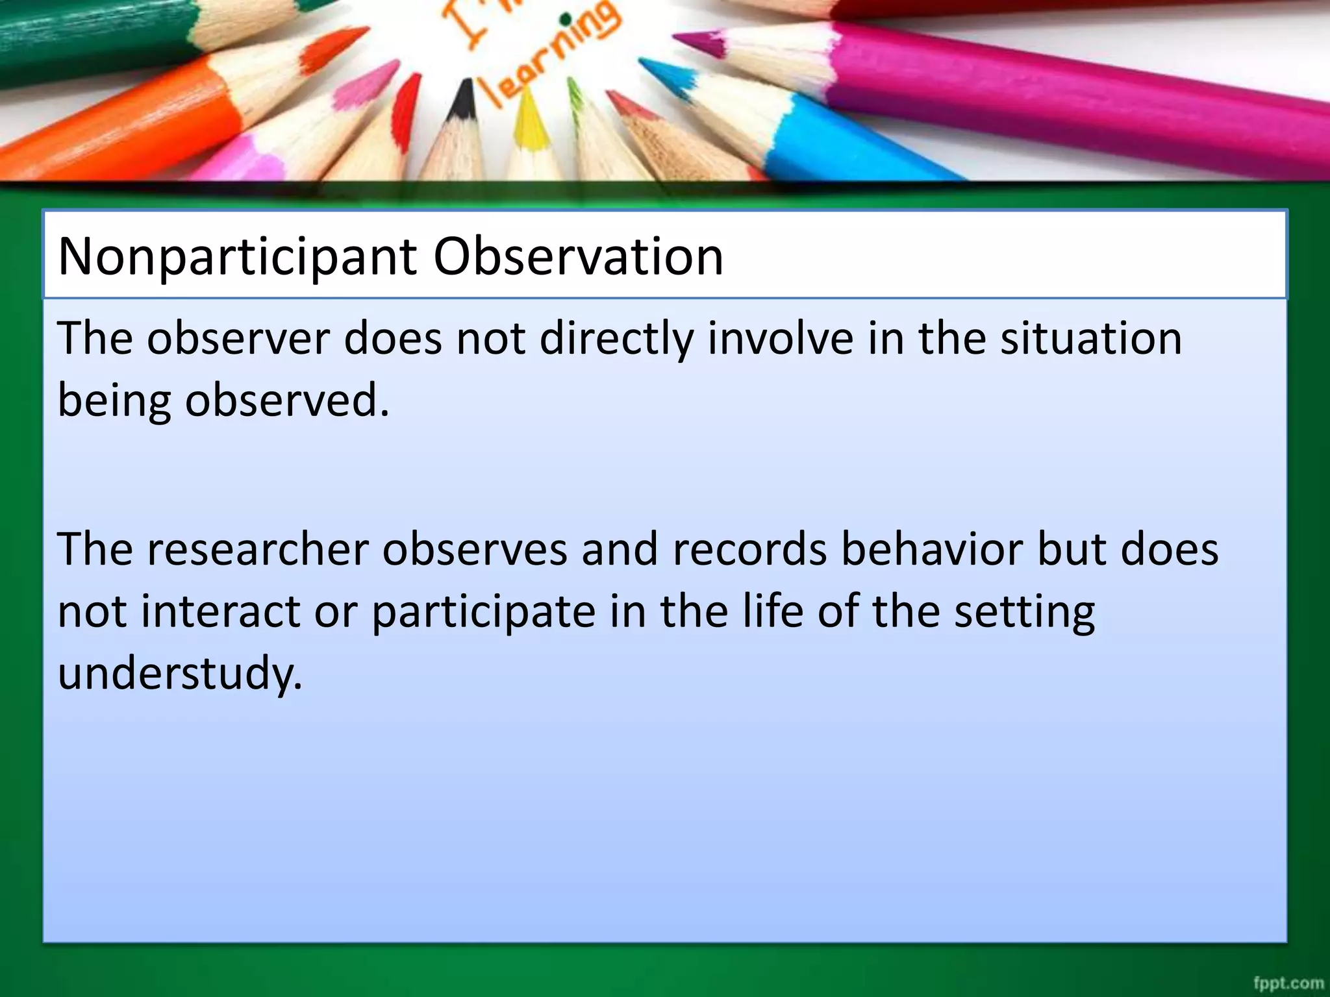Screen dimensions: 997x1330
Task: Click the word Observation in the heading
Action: coord(578,256)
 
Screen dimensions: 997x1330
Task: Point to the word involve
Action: coord(780,338)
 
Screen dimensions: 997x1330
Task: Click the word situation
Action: coord(1090,338)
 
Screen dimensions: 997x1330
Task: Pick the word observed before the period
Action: coord(286,400)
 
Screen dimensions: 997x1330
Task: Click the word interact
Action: coord(221,611)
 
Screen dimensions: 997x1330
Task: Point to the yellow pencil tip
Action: coord(529,117)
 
